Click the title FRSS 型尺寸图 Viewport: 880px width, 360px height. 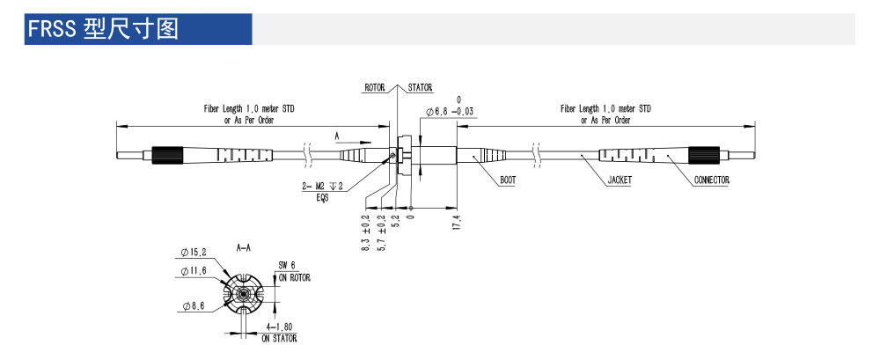tap(103, 28)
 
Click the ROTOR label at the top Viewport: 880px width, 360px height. tap(376, 88)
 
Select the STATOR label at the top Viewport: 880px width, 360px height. tap(420, 88)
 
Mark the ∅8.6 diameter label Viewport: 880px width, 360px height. tap(195, 305)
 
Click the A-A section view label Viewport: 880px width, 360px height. tap(245, 249)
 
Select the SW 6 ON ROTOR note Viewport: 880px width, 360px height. tap(291, 270)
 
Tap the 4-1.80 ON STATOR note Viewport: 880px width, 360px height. tap(282, 332)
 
